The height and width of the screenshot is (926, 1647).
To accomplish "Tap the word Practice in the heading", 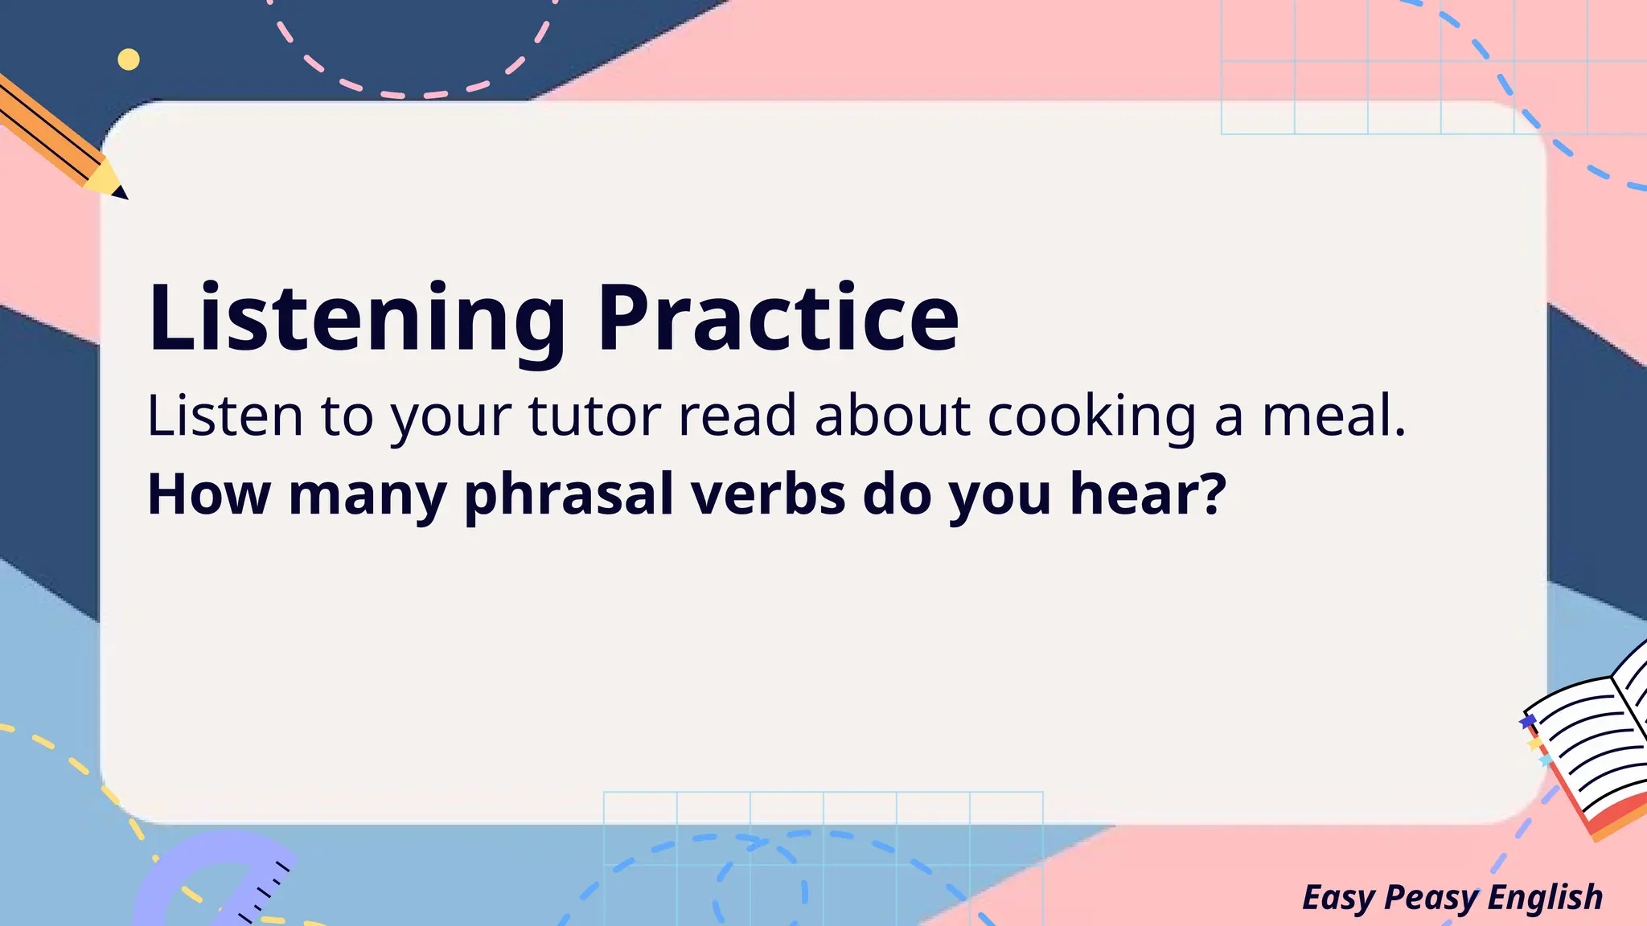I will [778, 318].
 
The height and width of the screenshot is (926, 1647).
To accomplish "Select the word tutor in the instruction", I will [595, 416].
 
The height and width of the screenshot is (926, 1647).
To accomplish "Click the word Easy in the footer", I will [1339, 898].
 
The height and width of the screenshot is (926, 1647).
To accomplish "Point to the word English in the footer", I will [1545, 896].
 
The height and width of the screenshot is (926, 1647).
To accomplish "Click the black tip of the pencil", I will [120, 192].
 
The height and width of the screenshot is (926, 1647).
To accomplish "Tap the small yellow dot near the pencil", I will [129, 59].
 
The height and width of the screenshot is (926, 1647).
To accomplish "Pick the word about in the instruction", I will [892, 416].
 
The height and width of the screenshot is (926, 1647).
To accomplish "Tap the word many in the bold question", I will [367, 495].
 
